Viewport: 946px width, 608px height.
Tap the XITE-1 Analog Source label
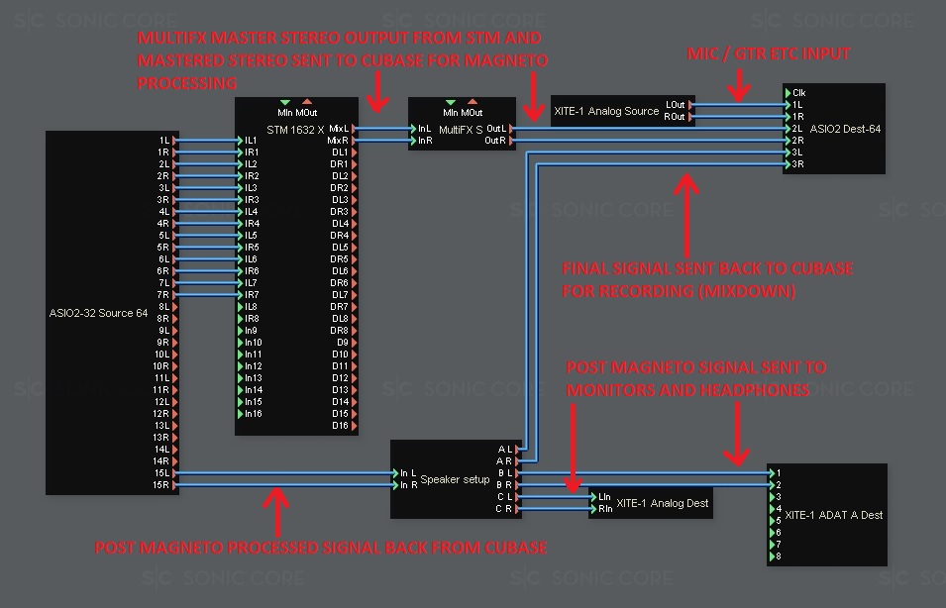[605, 111]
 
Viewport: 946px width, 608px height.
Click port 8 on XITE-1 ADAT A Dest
[779, 557]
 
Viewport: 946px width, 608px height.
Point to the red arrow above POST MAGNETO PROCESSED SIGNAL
[278, 509]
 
